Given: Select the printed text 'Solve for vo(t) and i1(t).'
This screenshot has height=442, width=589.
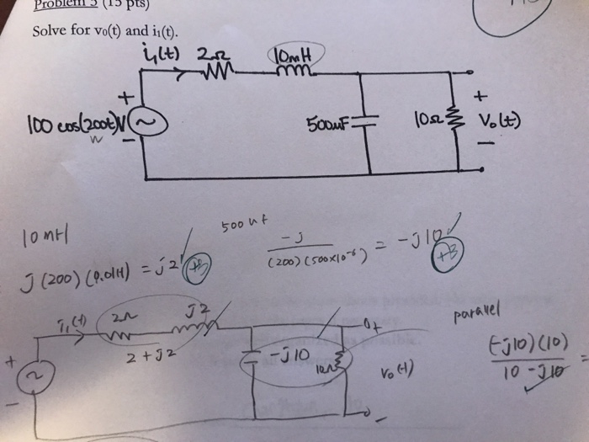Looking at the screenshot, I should (106, 33).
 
